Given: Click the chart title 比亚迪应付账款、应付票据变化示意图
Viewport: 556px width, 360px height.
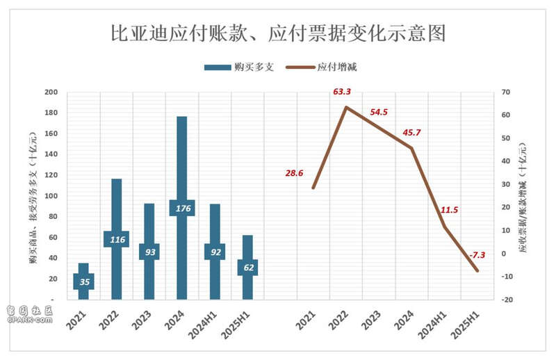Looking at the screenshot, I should pyautogui.click(x=278, y=33).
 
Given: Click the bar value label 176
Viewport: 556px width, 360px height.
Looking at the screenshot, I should pyautogui.click(x=182, y=208).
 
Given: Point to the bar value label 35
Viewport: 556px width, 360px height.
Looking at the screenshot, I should pyautogui.click(x=84, y=281).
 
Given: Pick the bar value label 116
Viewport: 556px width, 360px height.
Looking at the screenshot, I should pyautogui.click(x=117, y=239).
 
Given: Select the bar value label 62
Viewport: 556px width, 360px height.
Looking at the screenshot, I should pyautogui.click(x=247, y=267).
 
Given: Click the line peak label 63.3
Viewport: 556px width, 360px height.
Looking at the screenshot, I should pyautogui.click(x=343, y=91).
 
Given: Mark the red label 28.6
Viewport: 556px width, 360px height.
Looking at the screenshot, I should pyautogui.click(x=293, y=172).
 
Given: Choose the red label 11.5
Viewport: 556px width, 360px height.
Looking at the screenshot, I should pyautogui.click(x=449, y=210).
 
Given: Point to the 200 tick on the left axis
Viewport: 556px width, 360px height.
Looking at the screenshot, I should pyautogui.click(x=51, y=92).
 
